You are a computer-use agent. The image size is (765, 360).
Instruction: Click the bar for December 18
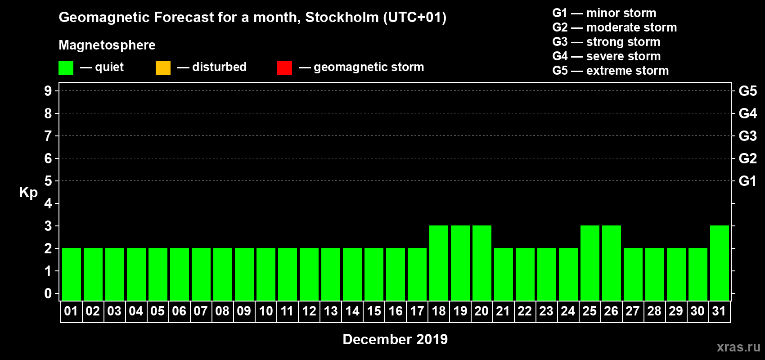439,263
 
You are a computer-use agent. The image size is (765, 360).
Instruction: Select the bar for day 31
719,263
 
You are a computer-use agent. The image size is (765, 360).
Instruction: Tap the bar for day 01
72,274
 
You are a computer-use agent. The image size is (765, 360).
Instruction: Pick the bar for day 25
589,263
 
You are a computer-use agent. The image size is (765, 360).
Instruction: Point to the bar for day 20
482,263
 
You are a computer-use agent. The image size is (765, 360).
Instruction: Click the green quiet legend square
66,68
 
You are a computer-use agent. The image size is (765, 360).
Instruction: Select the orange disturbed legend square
163,68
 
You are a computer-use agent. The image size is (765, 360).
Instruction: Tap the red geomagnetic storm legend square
284,68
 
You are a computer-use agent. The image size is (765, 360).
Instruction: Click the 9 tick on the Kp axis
48,91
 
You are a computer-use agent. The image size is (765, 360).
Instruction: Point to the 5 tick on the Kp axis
48,181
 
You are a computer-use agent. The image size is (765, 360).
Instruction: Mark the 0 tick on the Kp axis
48,293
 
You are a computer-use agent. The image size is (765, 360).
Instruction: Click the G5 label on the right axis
747,91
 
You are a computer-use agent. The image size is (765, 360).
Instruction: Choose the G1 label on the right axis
747,181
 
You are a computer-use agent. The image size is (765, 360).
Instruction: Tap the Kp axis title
28,193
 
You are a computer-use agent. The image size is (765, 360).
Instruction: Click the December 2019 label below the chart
395,339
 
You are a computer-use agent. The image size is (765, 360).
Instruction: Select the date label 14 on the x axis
352,311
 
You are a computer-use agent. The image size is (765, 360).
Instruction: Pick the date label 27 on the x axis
633,311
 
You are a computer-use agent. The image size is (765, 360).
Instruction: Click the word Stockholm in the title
342,18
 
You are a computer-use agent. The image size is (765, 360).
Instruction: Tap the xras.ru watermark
738,347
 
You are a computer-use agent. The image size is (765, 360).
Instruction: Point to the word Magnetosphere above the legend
107,45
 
